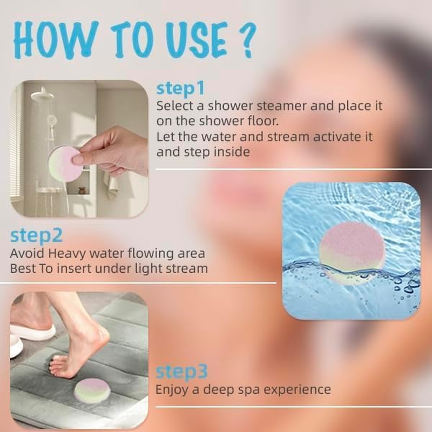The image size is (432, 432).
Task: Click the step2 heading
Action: point(36,235)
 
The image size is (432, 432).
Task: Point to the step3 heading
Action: point(181,372)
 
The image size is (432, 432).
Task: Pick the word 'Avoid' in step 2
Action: point(26,253)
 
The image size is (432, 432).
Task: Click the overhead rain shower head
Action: point(42,95)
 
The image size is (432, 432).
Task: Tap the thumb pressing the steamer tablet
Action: point(79,157)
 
